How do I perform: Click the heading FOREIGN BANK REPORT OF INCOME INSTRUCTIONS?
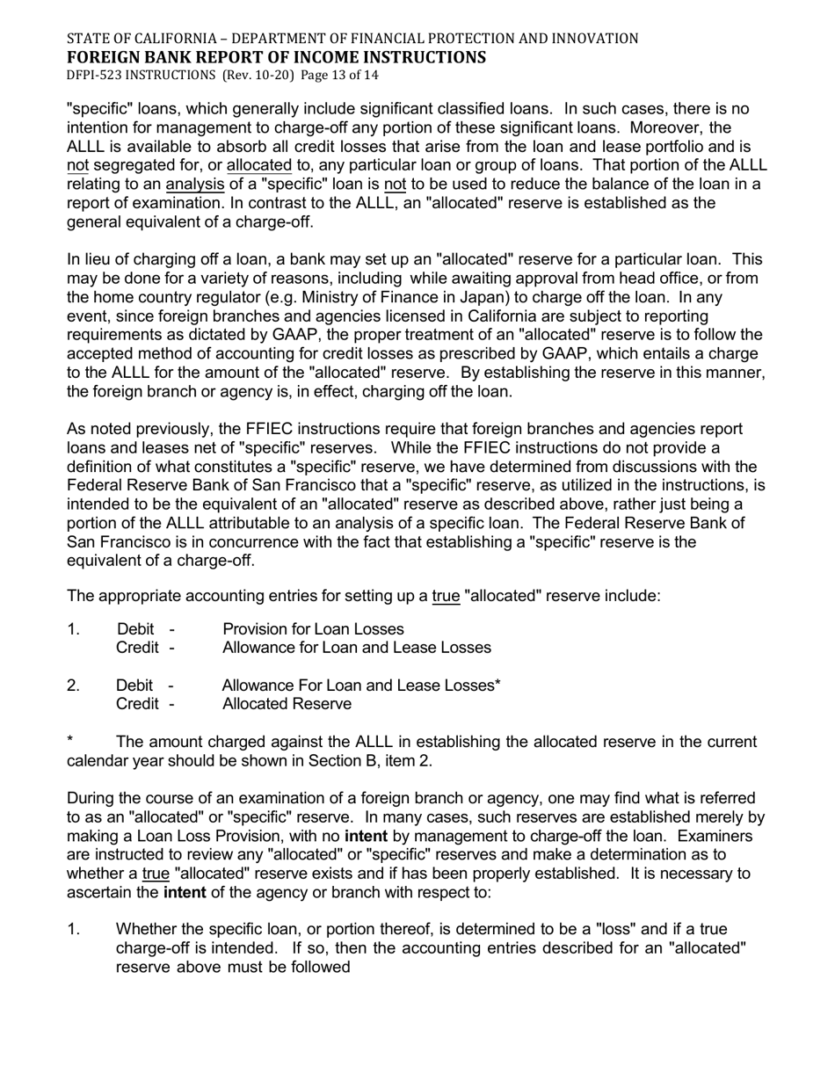pyautogui.click(x=276, y=58)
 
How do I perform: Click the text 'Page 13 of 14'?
pyautogui.click(x=339, y=76)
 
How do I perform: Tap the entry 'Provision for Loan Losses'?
pyautogui.click(x=313, y=629)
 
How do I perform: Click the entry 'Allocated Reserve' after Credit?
pyautogui.click(x=287, y=704)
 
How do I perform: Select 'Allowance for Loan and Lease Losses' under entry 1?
pyautogui.click(x=356, y=648)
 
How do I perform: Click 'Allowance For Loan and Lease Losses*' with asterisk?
pyautogui.click(x=361, y=686)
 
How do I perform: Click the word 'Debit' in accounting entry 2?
pyautogui.click(x=135, y=686)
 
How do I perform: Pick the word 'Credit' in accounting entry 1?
pyautogui.click(x=138, y=648)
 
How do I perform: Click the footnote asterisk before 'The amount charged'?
pyautogui.click(x=70, y=742)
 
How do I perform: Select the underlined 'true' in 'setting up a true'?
pyautogui.click(x=446, y=596)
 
